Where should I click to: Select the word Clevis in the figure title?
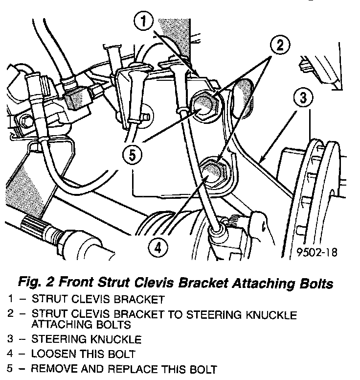151,283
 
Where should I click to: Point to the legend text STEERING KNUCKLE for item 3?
87,338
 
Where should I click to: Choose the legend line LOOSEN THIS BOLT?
83,353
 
